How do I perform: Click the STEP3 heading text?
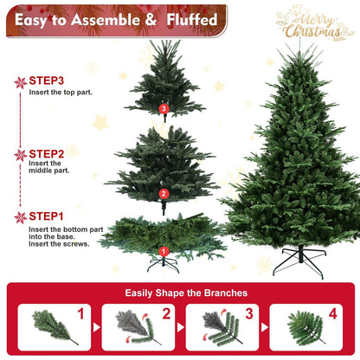(x=47, y=80)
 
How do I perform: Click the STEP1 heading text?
(x=47, y=216)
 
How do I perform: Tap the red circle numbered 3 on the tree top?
(x=164, y=108)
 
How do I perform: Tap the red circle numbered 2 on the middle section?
(x=164, y=194)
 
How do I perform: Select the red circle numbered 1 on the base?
(x=163, y=252)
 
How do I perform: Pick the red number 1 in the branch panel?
(x=80, y=313)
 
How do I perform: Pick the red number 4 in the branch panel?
(x=332, y=313)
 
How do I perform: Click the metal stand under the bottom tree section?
(x=163, y=260)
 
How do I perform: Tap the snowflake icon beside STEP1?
(x=21, y=217)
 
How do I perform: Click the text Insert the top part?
(x=61, y=92)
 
